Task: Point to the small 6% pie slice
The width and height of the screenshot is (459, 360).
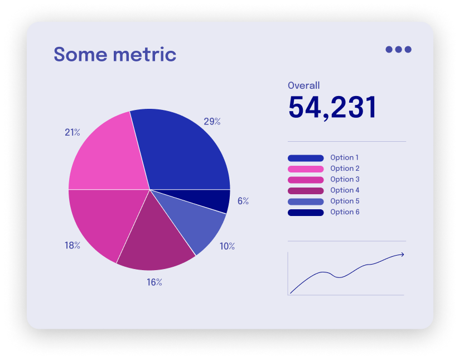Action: coord(220,201)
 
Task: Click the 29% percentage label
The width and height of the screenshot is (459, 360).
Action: coord(212,121)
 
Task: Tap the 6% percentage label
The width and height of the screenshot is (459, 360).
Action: coord(243,201)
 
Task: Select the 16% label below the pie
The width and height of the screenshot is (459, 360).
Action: coord(154,282)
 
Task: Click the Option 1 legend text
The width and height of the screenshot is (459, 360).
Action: coord(345,158)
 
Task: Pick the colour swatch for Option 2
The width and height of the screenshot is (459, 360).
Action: coord(306,169)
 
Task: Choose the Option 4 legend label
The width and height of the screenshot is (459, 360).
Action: coord(345,190)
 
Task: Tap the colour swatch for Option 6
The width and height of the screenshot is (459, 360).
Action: coord(306,213)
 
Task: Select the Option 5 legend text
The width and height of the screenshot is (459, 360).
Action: coord(345,201)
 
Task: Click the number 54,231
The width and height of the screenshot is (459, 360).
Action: coord(332,107)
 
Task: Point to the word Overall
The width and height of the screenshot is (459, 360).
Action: coord(304,85)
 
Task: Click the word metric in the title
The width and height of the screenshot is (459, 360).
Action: coord(144,55)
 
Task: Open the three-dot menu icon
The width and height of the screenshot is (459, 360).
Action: coord(398,49)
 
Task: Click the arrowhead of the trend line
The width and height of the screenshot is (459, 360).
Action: coord(402,255)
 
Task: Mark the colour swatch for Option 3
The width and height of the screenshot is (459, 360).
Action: coord(306,180)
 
